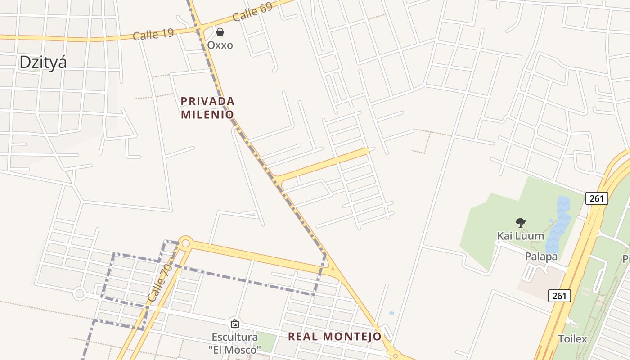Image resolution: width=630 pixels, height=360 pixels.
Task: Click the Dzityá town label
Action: tap(43, 62)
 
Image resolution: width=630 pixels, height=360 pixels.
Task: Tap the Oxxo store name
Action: tap(220, 45)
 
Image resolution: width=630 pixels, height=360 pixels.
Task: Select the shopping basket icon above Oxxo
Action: tap(220, 32)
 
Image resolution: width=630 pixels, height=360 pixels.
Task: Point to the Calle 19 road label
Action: tap(153, 34)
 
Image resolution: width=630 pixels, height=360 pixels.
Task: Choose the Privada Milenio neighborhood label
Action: tap(207, 108)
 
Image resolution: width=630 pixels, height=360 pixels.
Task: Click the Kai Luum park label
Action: tap(520, 236)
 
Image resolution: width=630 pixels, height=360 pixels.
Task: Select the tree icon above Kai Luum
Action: tap(521, 222)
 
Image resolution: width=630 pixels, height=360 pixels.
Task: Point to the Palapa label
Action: tap(541, 256)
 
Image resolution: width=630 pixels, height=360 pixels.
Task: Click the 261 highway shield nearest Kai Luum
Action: tap(597, 198)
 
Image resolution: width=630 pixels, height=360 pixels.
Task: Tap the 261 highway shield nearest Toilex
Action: tap(559, 296)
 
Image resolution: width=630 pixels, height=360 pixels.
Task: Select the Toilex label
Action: tap(572, 339)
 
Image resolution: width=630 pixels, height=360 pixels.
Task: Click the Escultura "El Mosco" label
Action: tap(234, 343)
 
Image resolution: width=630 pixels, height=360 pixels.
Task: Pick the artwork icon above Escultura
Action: tap(234, 323)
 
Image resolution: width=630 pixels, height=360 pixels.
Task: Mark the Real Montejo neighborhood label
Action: tap(334, 336)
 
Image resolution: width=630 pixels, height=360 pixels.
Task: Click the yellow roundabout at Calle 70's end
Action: tap(185, 243)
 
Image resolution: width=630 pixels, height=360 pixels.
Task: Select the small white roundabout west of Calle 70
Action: tap(80, 294)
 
